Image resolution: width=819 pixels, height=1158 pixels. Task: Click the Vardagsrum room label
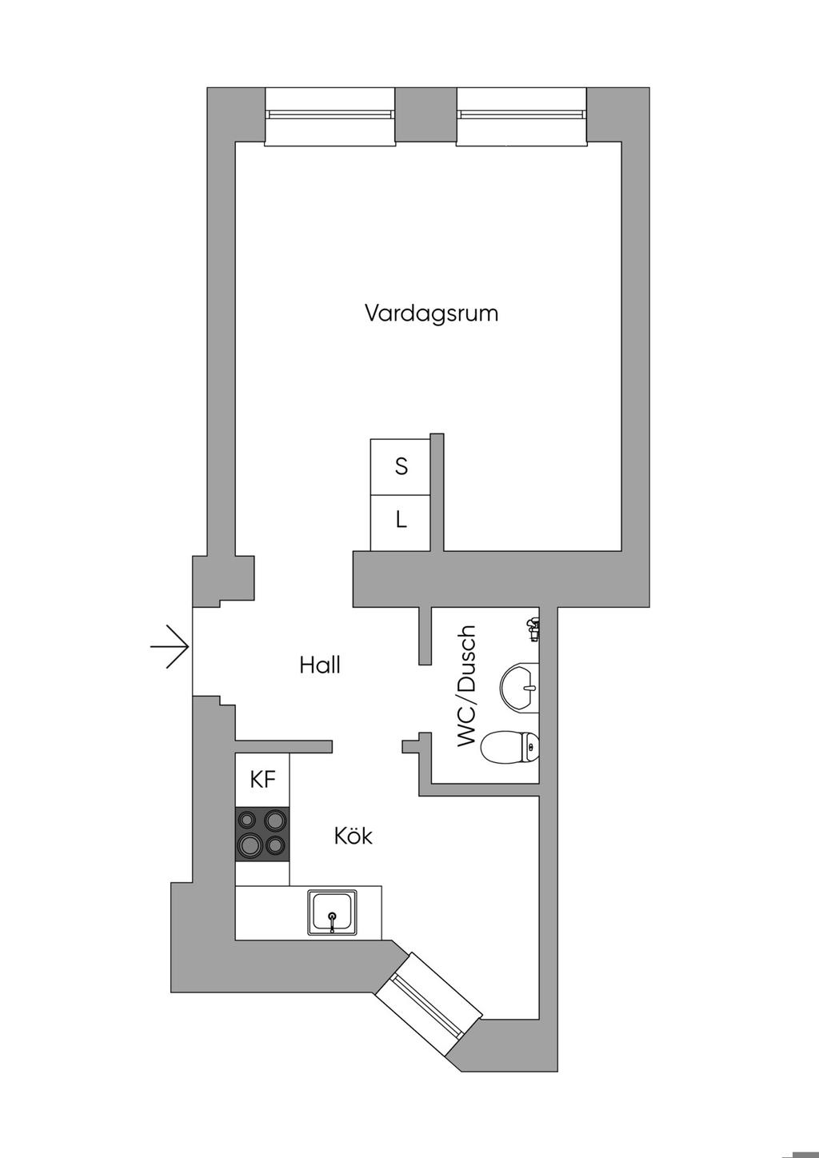click(431, 313)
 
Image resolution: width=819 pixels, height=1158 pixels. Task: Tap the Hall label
click(320, 665)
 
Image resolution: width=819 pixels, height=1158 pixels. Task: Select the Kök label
click(354, 836)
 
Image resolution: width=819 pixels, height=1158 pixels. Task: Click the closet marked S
click(401, 466)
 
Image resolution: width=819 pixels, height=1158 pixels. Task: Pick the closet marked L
click(401, 521)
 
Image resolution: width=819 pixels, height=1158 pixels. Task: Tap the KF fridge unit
click(262, 780)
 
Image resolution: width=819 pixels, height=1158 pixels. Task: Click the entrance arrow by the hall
click(170, 645)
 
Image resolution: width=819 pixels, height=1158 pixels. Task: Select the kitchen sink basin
click(334, 912)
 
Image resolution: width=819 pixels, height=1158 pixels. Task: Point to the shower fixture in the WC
click(532, 630)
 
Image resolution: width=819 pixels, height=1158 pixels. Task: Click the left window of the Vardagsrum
click(330, 117)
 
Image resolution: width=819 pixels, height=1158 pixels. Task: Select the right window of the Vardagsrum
click(522, 117)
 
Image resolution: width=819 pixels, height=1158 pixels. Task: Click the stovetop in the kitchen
click(262, 833)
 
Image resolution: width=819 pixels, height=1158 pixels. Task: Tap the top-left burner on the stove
click(249, 820)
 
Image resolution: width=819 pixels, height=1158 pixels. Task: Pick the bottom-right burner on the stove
click(275, 845)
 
